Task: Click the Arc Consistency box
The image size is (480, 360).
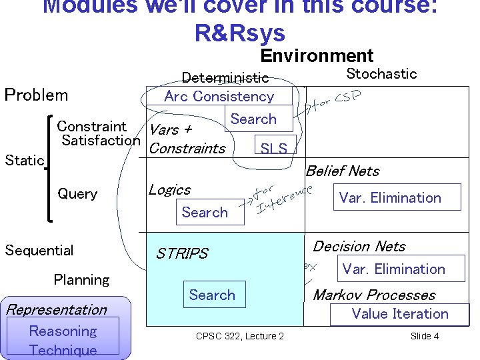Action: [219, 96]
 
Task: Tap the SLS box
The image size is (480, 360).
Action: [274, 148]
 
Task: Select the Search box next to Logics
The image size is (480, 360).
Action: [205, 212]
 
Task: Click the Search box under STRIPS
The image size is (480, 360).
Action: [212, 295]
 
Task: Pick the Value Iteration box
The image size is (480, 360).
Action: [400, 314]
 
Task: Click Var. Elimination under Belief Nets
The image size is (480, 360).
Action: [390, 197]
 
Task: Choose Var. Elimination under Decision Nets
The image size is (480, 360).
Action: [393, 269]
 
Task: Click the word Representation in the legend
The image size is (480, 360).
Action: [56, 309]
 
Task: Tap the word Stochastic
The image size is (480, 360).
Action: [381, 73]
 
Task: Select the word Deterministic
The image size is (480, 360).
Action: [225, 79]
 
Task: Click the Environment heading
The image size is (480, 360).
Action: [317, 56]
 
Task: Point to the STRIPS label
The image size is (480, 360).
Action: [182, 253]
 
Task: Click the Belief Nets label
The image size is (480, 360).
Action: [343, 171]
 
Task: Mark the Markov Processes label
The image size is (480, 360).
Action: [374, 295]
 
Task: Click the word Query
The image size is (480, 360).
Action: [77, 194]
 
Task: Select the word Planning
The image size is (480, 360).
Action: [81, 280]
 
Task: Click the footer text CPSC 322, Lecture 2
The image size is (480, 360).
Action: [240, 336]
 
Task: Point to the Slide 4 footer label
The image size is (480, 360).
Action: [425, 336]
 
